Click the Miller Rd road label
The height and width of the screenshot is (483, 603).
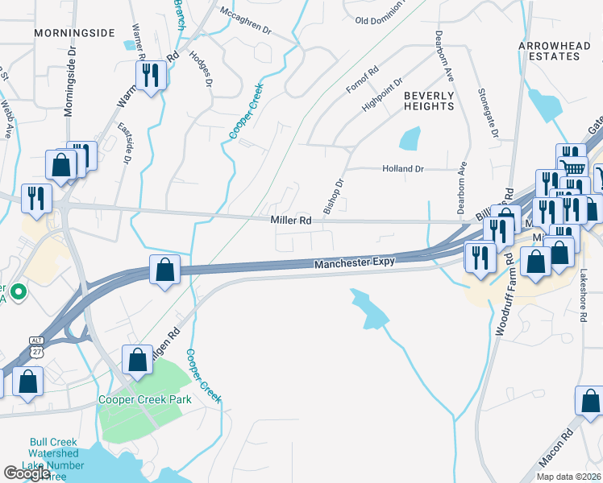click(x=291, y=220)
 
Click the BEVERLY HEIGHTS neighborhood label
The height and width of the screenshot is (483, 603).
click(x=429, y=101)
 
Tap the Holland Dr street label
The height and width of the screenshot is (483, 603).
click(x=402, y=169)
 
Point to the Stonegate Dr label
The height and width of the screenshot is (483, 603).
click(x=483, y=113)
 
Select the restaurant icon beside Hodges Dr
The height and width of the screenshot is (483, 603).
click(x=151, y=76)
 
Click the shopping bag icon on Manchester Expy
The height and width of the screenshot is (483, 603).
click(x=164, y=270)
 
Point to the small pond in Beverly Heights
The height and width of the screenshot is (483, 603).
click(x=410, y=138)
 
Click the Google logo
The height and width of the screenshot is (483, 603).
click(x=27, y=473)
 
